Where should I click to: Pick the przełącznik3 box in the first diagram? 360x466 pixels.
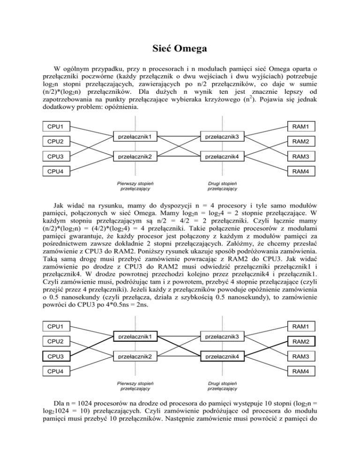222,137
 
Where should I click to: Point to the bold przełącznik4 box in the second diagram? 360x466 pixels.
222,357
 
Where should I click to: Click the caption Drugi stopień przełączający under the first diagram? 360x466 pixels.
222,186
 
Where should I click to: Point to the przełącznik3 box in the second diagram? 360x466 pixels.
222,337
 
